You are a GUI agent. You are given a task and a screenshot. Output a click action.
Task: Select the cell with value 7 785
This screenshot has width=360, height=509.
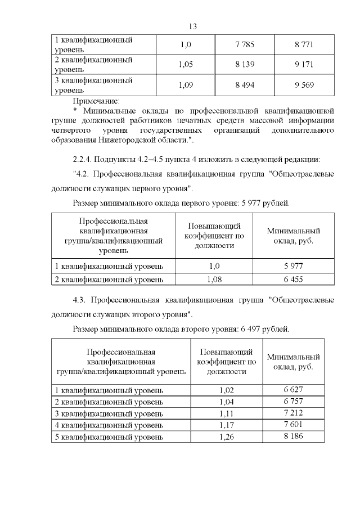click(245, 44)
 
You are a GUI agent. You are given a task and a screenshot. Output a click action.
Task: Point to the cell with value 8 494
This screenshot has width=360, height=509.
click(245, 85)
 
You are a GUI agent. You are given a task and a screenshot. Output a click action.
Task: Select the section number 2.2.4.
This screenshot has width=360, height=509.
click(85, 157)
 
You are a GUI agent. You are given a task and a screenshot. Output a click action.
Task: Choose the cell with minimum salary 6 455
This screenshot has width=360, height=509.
click(293, 278)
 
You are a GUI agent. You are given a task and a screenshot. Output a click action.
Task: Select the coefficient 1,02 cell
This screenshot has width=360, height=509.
click(225, 389)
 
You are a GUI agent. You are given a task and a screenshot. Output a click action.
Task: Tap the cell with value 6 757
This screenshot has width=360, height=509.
click(293, 401)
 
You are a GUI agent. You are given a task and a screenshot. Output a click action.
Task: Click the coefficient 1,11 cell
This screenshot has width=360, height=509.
click(225, 413)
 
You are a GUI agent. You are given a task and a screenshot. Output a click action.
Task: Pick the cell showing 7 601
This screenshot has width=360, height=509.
click(293, 425)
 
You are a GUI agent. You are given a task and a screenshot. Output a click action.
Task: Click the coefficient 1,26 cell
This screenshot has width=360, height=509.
click(225, 437)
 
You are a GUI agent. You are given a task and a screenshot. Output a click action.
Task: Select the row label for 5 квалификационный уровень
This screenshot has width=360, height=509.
click(109, 437)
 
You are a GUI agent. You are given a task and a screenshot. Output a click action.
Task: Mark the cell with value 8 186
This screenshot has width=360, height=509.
click(293, 436)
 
